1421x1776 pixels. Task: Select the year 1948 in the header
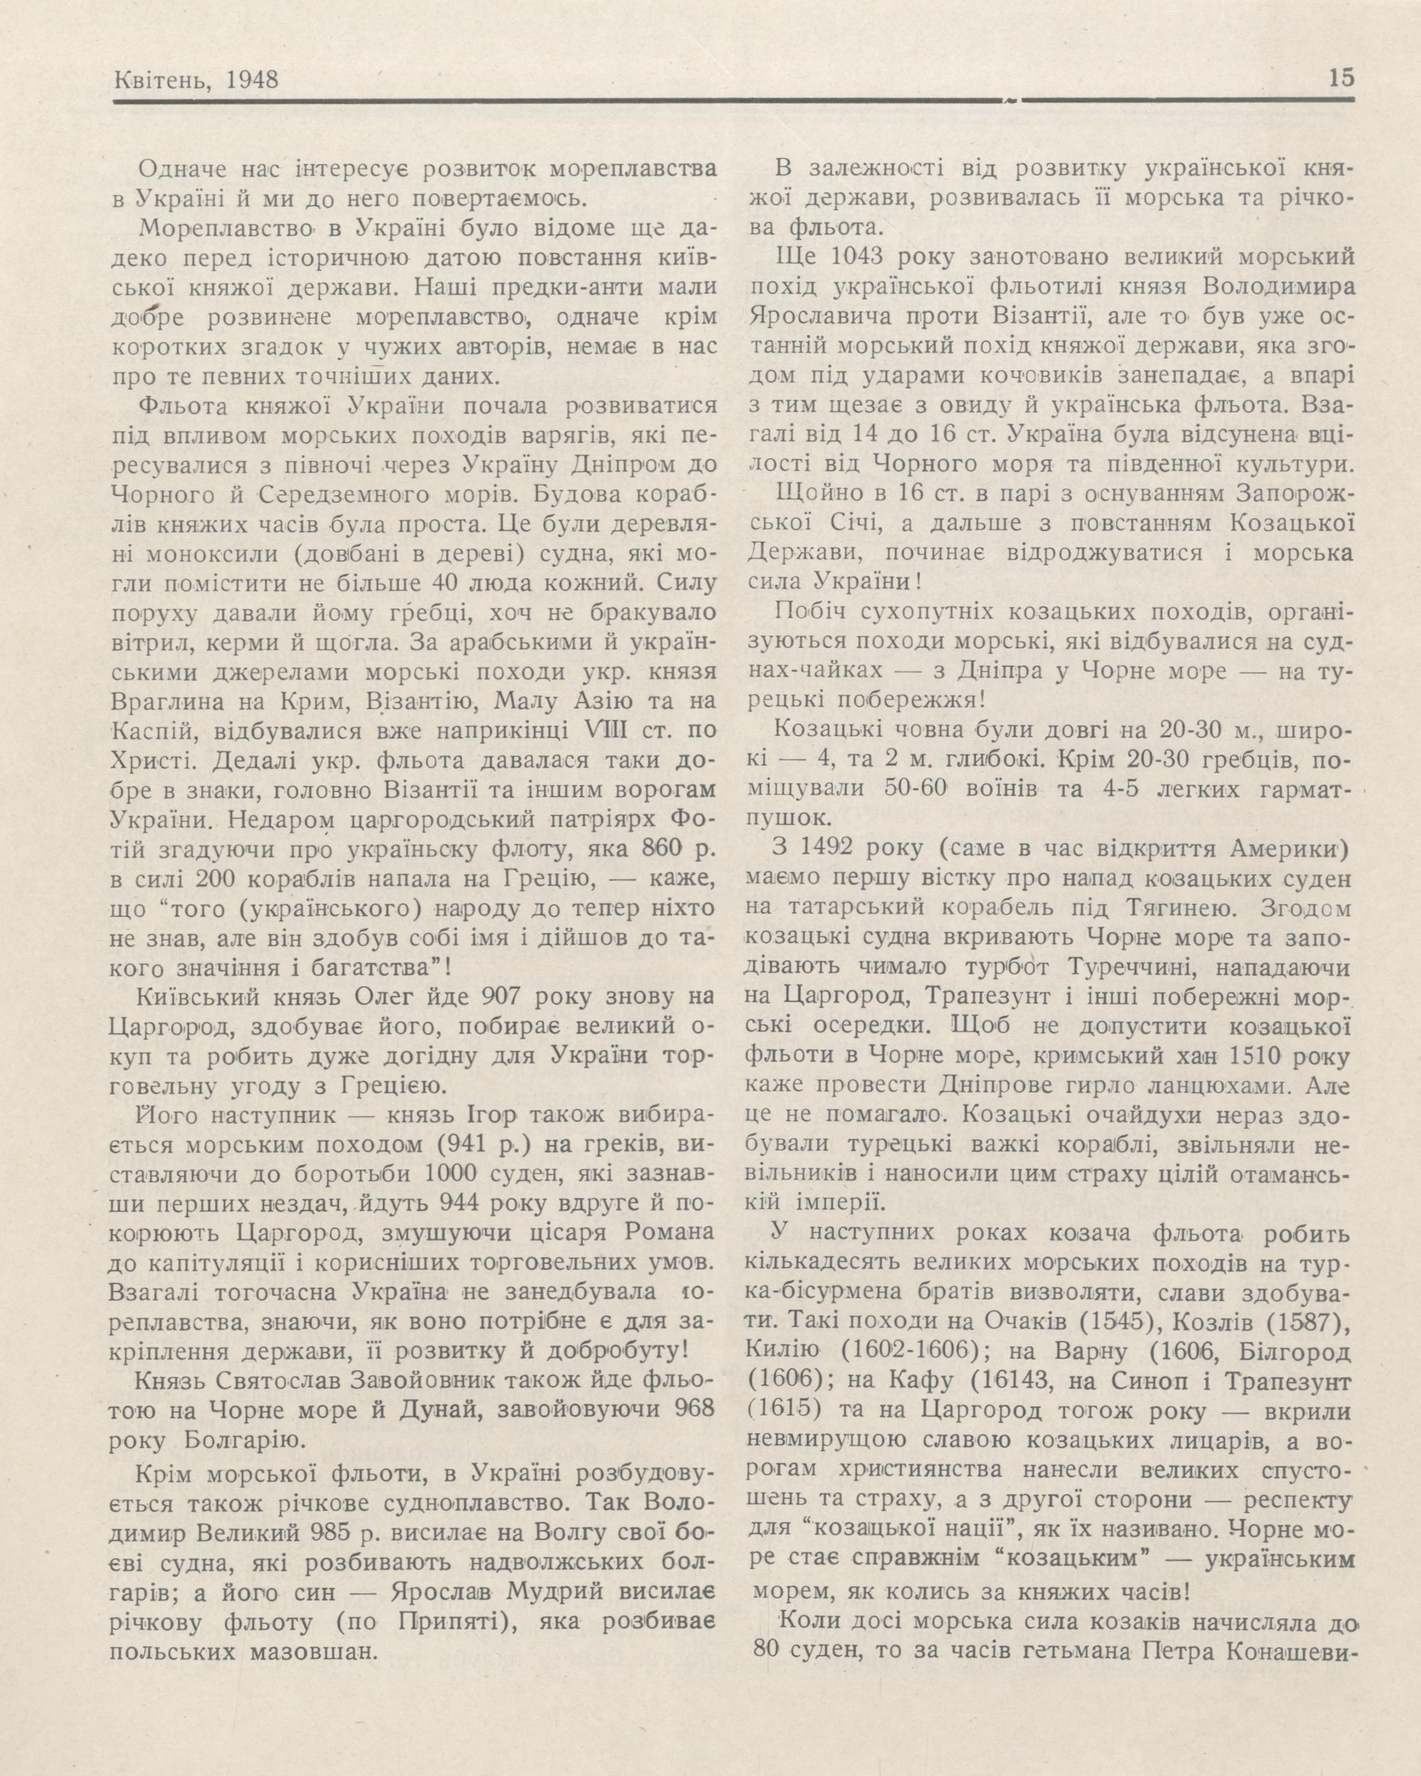249,79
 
